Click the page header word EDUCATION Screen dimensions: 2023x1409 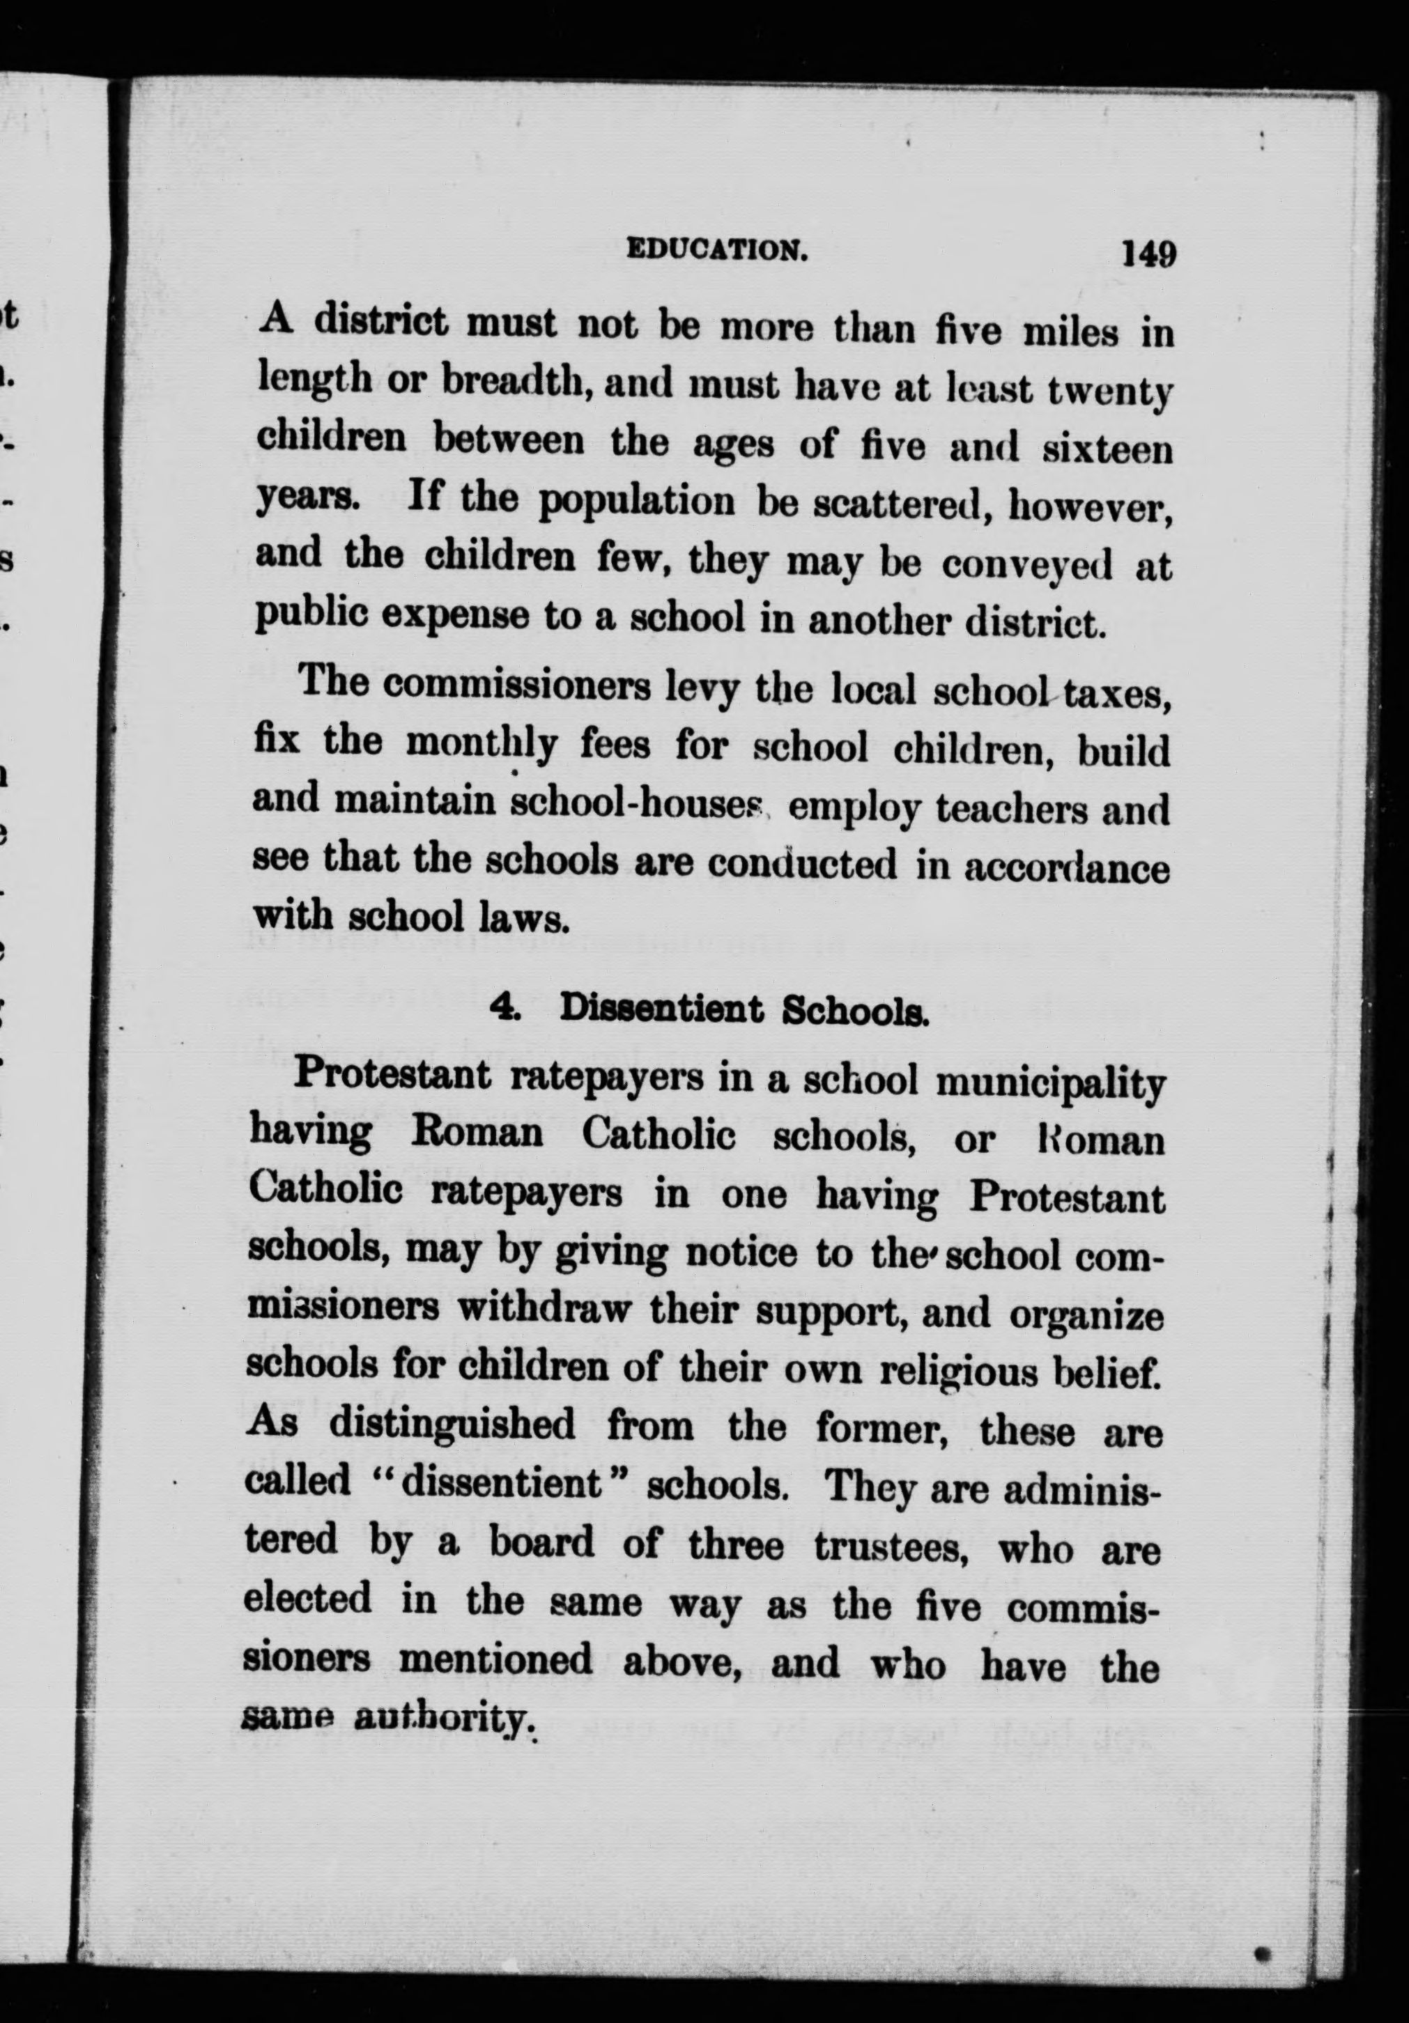tap(716, 250)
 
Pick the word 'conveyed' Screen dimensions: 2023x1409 tap(1026, 564)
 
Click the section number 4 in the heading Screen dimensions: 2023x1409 tap(507, 1008)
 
